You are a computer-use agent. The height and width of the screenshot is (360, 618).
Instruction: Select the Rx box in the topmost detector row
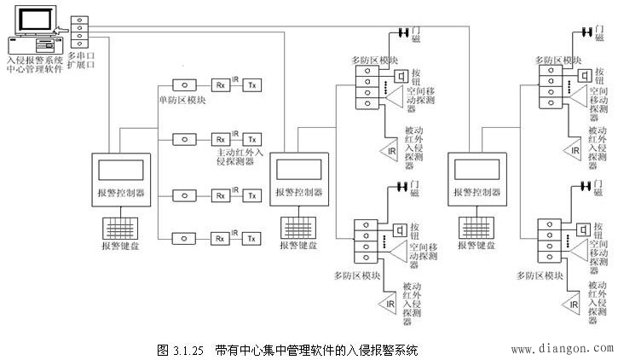click(220, 85)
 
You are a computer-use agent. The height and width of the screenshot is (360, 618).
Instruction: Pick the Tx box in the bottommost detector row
click(251, 238)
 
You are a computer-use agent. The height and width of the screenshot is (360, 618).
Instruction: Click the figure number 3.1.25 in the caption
click(186, 350)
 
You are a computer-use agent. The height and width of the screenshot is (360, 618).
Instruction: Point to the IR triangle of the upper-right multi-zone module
click(574, 151)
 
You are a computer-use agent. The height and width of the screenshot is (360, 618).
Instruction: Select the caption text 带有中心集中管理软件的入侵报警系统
click(316, 350)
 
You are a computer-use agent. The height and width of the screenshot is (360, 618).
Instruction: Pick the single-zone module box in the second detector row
click(183, 138)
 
